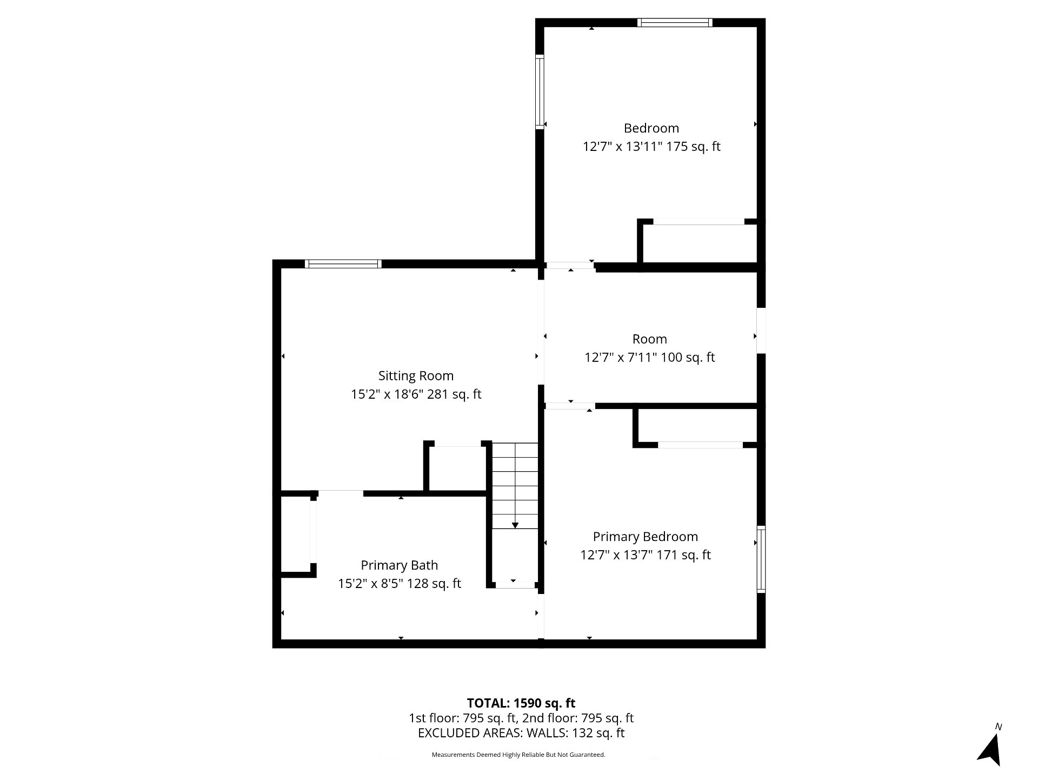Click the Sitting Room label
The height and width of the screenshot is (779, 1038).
[416, 375]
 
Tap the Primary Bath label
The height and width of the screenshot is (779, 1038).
[399, 565]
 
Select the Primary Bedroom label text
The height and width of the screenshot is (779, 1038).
[645, 537]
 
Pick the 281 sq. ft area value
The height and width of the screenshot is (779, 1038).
[454, 394]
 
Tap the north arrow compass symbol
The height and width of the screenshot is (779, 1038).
[990, 750]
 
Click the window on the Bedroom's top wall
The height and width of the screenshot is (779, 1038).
[675, 23]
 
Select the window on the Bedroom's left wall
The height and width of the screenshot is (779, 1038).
[540, 91]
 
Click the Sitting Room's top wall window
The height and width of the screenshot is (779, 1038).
[343, 264]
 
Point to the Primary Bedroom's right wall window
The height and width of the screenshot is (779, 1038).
[761, 559]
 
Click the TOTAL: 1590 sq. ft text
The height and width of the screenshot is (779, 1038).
[521, 703]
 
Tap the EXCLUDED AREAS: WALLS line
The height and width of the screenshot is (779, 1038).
[521, 733]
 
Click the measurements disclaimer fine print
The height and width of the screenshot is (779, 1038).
[518, 755]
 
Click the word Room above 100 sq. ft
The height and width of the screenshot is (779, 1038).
[650, 339]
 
